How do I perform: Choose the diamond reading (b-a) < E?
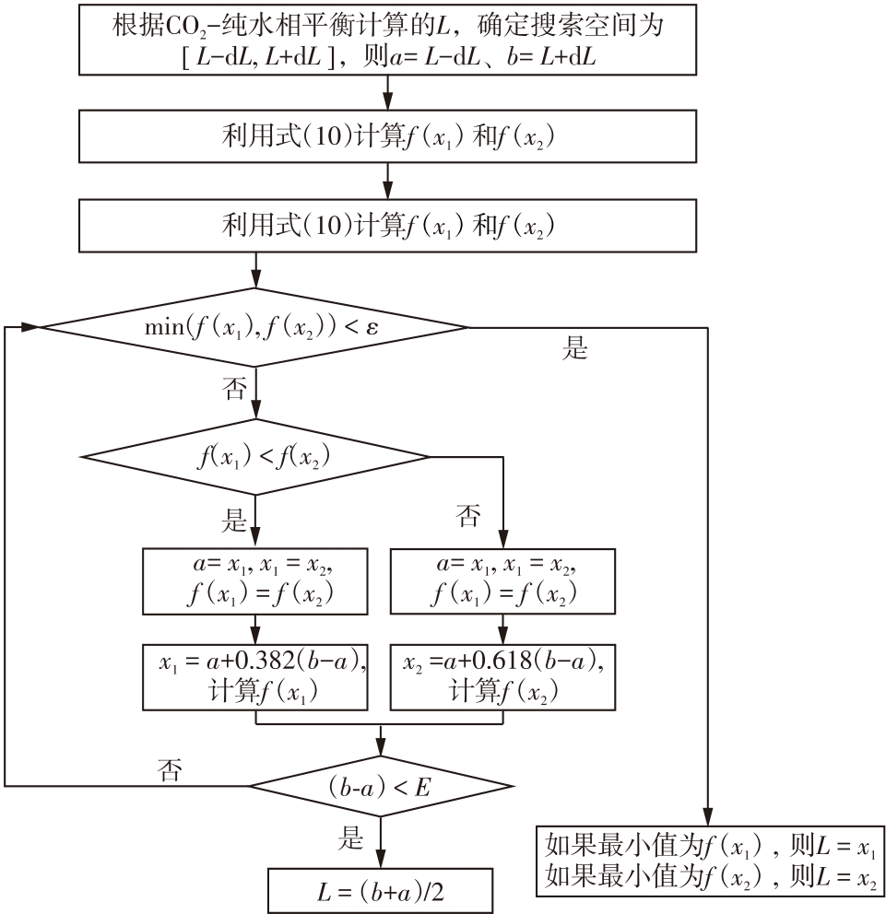click(x=381, y=786)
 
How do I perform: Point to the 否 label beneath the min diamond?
click(x=235, y=388)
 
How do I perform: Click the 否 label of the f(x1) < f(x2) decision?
click(x=468, y=516)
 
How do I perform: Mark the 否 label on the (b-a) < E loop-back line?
click(x=170, y=769)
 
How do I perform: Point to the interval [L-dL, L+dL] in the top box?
click(x=259, y=57)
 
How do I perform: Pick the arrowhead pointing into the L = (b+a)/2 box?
click(x=381, y=861)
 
